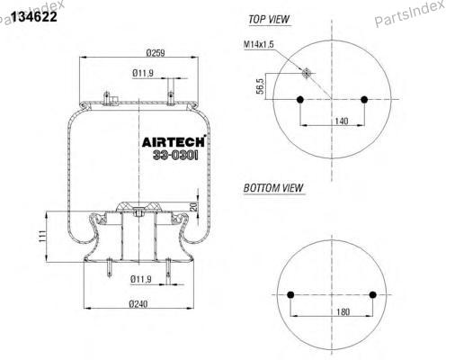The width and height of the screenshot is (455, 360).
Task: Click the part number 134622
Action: click(x=34, y=16)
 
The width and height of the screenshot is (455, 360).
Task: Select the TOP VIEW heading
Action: click(x=269, y=20)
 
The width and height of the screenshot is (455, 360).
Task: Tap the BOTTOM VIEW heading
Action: click(x=273, y=188)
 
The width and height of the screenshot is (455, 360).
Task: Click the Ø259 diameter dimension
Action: click(x=156, y=53)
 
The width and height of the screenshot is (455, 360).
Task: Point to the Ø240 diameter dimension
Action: click(x=138, y=304)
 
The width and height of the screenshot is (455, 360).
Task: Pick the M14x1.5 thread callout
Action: click(x=259, y=44)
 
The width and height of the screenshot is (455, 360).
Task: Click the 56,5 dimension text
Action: click(x=260, y=86)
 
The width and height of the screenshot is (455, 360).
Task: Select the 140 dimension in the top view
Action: click(x=342, y=121)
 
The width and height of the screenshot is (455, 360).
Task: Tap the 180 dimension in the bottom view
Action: click(x=343, y=312)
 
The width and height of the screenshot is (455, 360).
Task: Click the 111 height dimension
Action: click(x=42, y=236)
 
